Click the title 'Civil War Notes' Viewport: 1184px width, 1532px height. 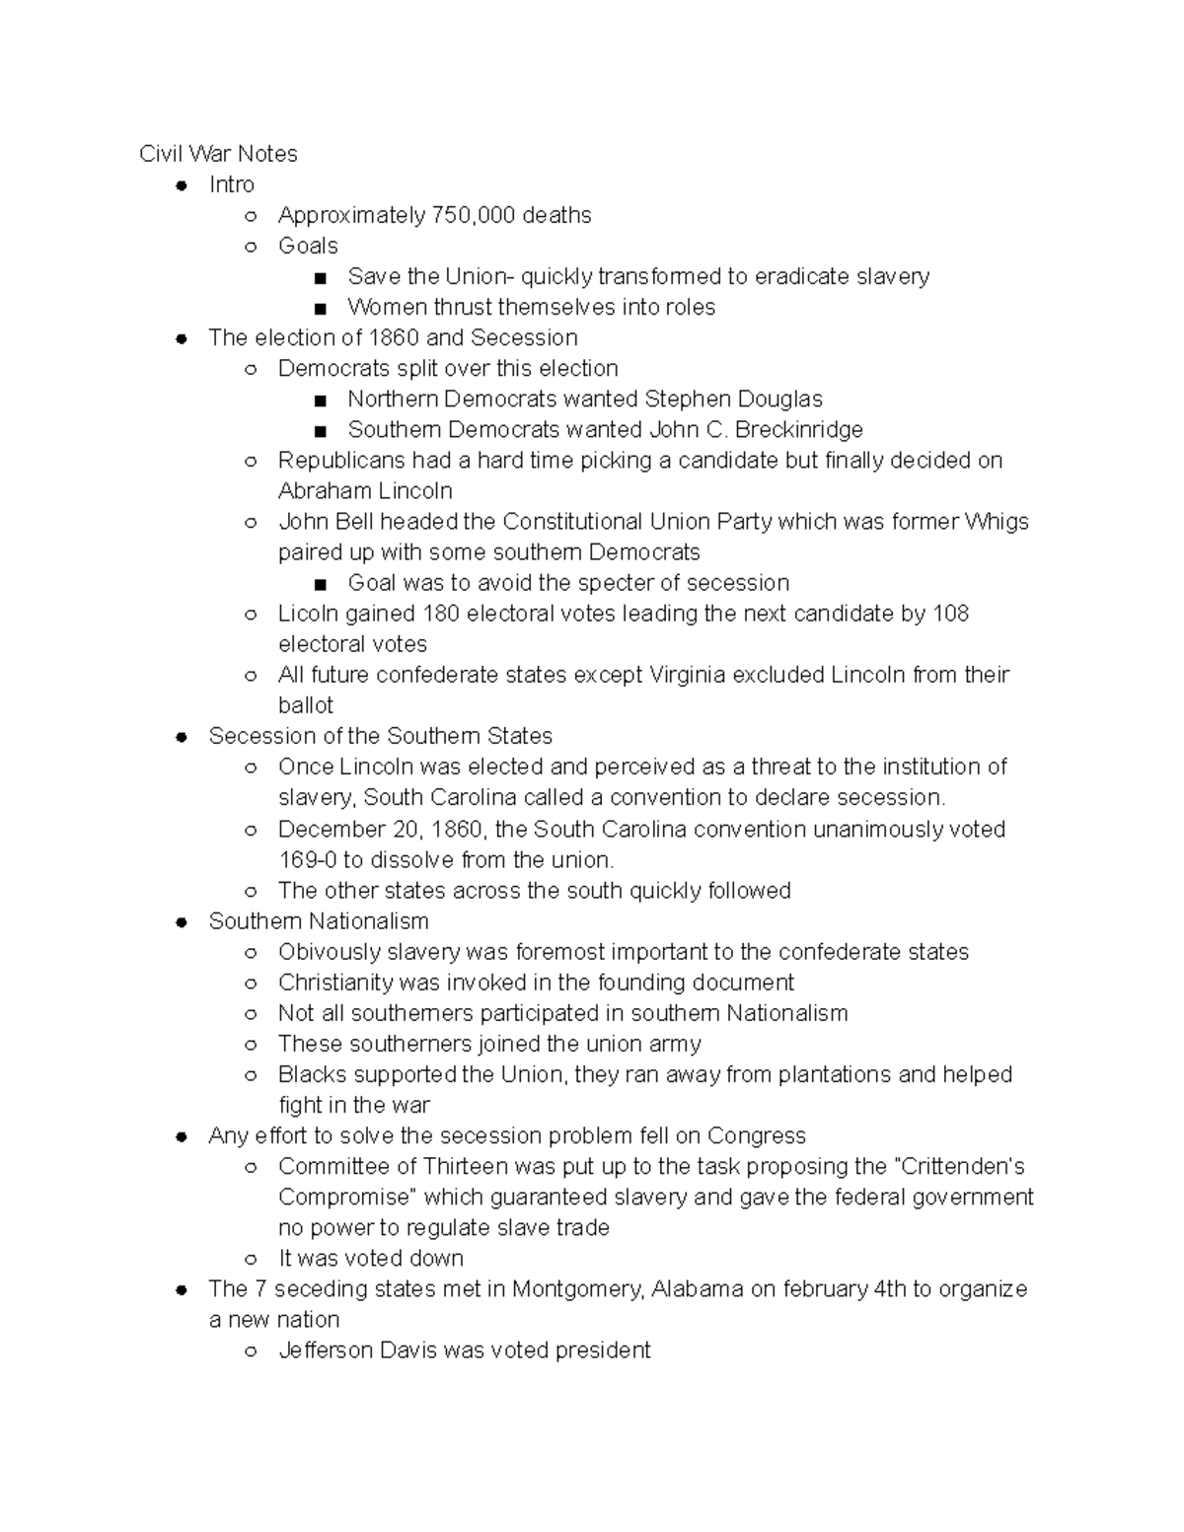(218, 154)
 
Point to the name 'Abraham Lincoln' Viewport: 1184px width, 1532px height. (365, 490)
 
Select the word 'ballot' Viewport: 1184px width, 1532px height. (306, 705)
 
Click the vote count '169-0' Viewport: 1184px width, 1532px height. (307, 859)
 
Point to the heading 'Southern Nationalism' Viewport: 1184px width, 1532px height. (319, 921)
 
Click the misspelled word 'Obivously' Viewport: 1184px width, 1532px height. (327, 952)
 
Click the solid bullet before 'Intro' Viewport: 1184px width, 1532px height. (182, 185)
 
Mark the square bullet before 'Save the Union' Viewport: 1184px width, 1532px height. (320, 277)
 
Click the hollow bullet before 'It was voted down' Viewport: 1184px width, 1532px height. (251, 1259)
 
